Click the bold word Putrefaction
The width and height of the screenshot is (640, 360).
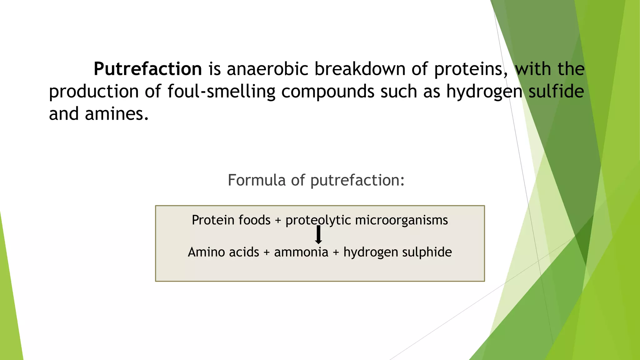(147, 69)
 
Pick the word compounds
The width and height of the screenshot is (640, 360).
(328, 92)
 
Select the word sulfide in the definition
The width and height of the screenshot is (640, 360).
(556, 91)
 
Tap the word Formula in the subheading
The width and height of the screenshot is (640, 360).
(257, 180)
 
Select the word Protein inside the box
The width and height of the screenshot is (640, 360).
(213, 220)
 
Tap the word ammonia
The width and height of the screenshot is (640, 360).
(301, 252)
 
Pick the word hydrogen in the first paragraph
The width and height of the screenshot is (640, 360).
(484, 92)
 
